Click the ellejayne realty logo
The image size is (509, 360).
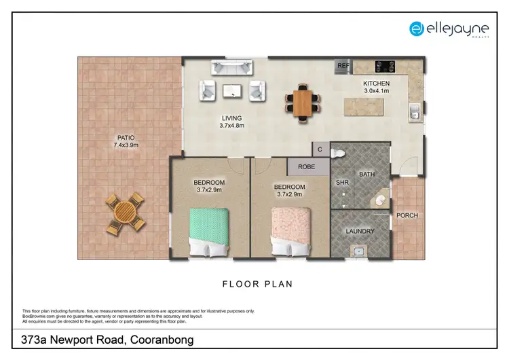point(449,29)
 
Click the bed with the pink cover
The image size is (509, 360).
point(292,230)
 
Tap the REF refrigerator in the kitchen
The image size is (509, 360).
point(342,67)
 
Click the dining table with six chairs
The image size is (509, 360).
point(304,101)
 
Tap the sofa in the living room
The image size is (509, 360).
point(231,67)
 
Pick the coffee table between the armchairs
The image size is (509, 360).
point(231,91)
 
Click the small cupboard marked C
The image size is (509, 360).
point(320,150)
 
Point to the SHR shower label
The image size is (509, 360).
point(342,182)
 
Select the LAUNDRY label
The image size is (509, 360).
point(360,231)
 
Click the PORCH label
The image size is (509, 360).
point(407,215)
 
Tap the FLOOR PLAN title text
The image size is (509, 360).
point(257,285)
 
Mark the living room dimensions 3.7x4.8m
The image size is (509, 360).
point(231,125)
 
